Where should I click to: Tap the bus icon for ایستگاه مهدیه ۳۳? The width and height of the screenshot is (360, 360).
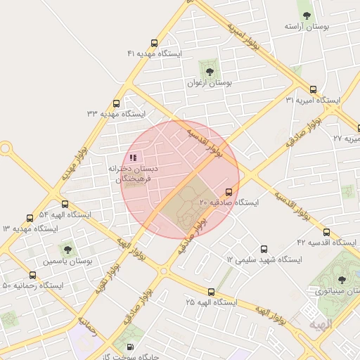pyautogui.click(x=116, y=103)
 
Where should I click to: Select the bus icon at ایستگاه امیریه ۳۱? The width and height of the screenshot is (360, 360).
pyautogui.click(x=313, y=89)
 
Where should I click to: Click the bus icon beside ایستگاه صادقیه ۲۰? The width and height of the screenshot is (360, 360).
pyautogui.click(x=229, y=192)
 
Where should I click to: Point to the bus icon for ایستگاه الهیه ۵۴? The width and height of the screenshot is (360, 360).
pyautogui.click(x=30, y=218)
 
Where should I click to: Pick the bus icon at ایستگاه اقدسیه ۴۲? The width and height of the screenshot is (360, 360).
pyautogui.click(x=326, y=231)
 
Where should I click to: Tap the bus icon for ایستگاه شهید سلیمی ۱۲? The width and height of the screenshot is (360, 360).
pyautogui.click(x=264, y=249)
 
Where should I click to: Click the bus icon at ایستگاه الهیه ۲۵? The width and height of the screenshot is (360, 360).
pyautogui.click(x=211, y=291)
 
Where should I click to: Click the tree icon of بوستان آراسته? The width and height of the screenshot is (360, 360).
pyautogui.click(x=306, y=14)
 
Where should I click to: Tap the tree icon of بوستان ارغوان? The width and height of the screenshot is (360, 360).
pyautogui.click(x=208, y=70)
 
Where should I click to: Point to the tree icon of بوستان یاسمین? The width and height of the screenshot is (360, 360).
pyautogui.click(x=67, y=248)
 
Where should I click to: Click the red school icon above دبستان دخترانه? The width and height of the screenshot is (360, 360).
pyautogui.click(x=133, y=157)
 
